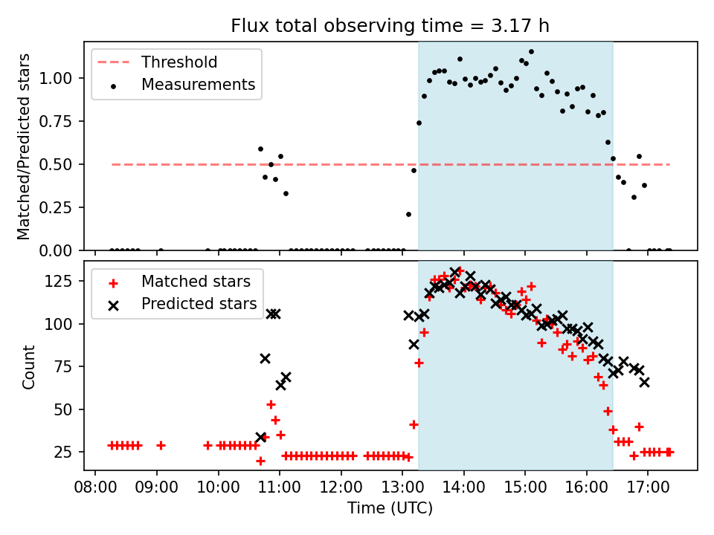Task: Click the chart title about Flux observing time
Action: [x=390, y=25]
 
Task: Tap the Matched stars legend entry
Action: [x=180, y=282]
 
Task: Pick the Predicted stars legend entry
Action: [x=183, y=304]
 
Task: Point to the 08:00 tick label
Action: [x=95, y=487]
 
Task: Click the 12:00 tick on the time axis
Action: [x=341, y=487]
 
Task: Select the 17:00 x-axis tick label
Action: [x=648, y=487]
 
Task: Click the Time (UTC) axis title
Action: [x=390, y=508]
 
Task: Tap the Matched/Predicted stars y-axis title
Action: [x=24, y=146]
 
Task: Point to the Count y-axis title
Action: [x=28, y=367]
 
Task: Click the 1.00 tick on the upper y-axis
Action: [x=55, y=78]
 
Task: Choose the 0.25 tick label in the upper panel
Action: [x=55, y=207]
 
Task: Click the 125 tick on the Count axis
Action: [x=58, y=281]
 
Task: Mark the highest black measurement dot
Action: [x=531, y=52]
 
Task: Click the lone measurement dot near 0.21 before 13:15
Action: [x=408, y=214]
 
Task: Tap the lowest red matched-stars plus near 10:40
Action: [x=260, y=461]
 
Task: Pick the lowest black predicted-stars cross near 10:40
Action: [x=261, y=437]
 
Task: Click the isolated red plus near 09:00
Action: [x=161, y=445]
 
